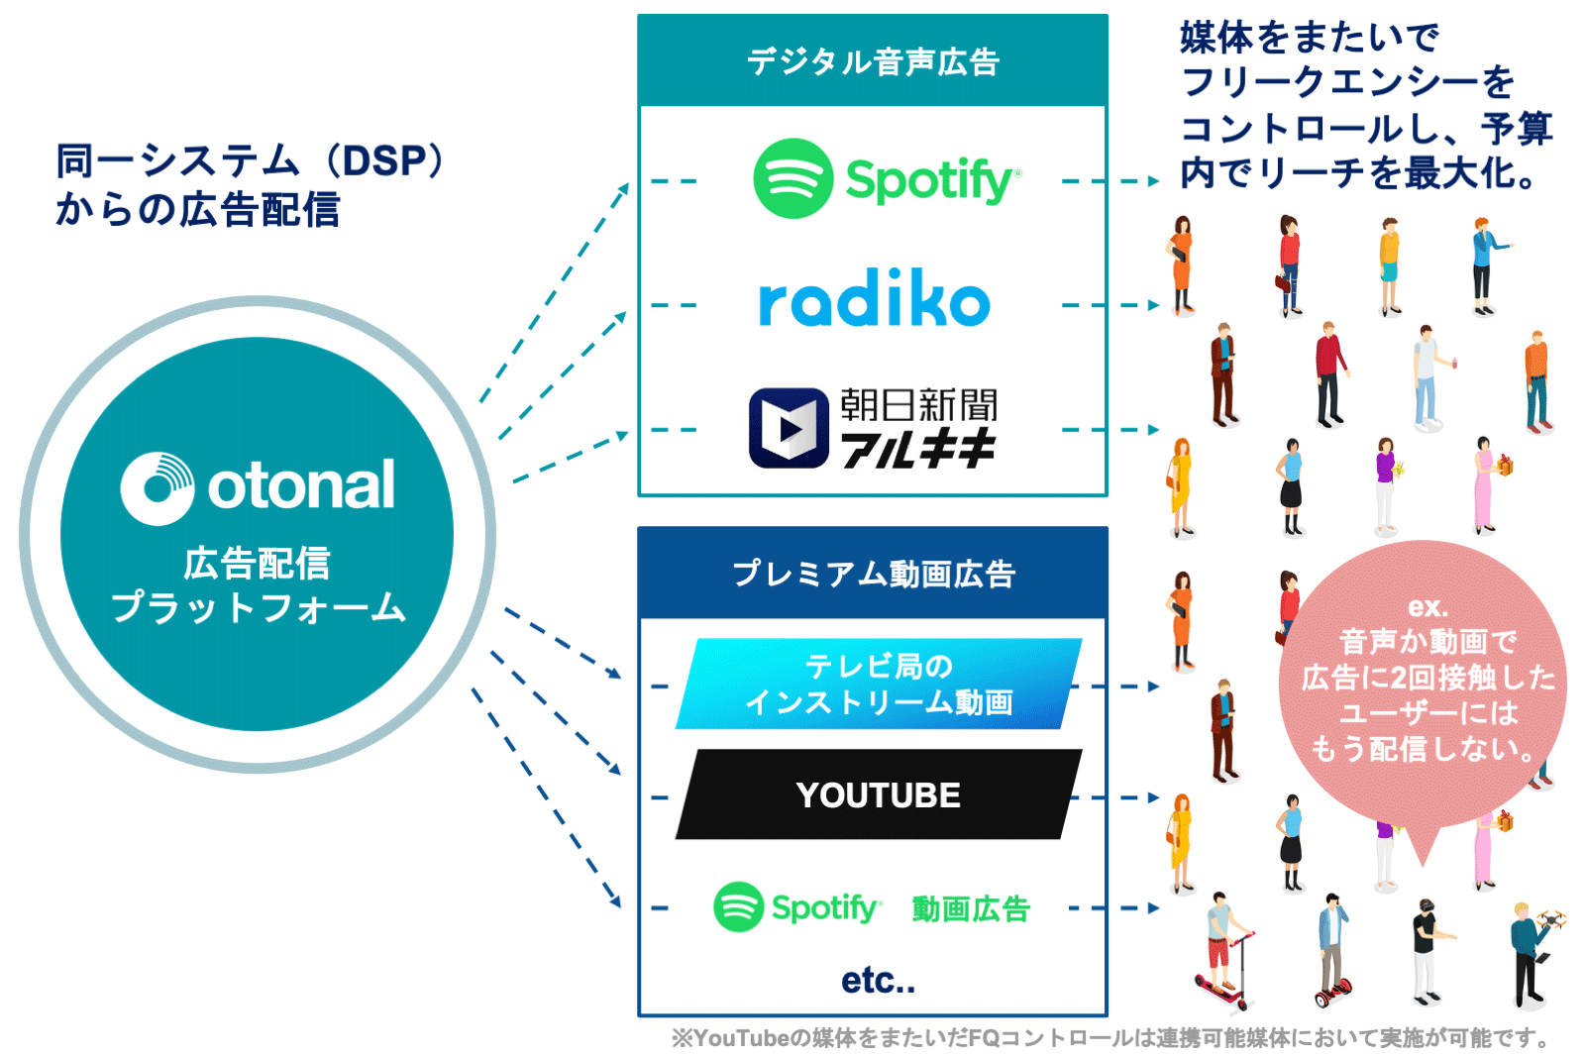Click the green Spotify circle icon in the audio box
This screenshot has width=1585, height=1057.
(x=792, y=178)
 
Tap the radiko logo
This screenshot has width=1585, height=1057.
(x=874, y=299)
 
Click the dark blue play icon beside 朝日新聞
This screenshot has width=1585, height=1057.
(x=789, y=428)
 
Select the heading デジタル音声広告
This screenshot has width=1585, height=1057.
(x=873, y=61)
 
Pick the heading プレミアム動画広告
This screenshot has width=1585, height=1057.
(x=873, y=574)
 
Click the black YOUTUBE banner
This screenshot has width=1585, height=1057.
(x=878, y=794)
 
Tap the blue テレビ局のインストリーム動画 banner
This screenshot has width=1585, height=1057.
(x=878, y=685)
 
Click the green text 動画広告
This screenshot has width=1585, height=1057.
(x=971, y=908)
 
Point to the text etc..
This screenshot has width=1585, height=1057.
(x=878, y=981)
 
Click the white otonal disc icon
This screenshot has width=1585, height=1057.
(x=158, y=487)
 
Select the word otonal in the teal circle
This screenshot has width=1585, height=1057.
(x=301, y=485)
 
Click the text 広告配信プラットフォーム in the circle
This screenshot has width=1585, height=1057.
(x=258, y=585)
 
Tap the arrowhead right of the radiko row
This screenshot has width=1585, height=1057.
(x=1152, y=305)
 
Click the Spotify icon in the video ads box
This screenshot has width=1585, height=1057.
(x=738, y=906)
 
